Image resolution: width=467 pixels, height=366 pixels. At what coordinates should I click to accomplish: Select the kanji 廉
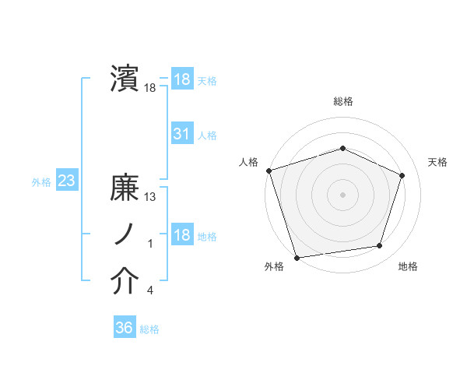[125, 189]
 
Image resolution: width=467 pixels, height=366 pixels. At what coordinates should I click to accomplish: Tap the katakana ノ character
[125, 236]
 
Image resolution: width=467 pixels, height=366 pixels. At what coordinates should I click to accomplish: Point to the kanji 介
[125, 283]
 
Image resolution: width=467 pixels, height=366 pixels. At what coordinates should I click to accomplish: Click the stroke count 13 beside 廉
[151, 197]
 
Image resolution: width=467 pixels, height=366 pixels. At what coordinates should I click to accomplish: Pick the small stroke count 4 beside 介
[150, 290]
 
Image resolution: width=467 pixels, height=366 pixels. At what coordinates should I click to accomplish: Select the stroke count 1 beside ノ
[150, 244]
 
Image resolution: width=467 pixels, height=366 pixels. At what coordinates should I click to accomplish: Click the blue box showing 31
[182, 135]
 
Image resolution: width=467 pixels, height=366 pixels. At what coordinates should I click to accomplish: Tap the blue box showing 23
[66, 181]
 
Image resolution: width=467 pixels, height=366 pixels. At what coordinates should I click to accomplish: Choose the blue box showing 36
[124, 328]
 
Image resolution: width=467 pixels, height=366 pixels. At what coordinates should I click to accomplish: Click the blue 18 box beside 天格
[182, 79]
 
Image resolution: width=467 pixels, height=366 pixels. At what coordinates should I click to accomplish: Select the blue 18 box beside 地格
[182, 235]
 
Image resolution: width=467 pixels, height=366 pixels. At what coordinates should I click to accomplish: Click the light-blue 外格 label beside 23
[41, 182]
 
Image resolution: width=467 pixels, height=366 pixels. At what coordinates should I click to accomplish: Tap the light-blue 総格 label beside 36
[149, 329]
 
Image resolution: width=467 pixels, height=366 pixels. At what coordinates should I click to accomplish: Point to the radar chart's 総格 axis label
[342, 101]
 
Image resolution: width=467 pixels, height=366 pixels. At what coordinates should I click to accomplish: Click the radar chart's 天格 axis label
[437, 162]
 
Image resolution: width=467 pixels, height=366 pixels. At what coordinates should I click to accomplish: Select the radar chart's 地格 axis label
[408, 267]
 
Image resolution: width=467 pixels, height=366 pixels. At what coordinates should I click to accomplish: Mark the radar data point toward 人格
[269, 170]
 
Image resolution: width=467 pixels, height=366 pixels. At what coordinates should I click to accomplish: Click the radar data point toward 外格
[297, 257]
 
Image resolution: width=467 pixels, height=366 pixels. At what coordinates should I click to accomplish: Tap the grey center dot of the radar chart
[342, 194]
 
